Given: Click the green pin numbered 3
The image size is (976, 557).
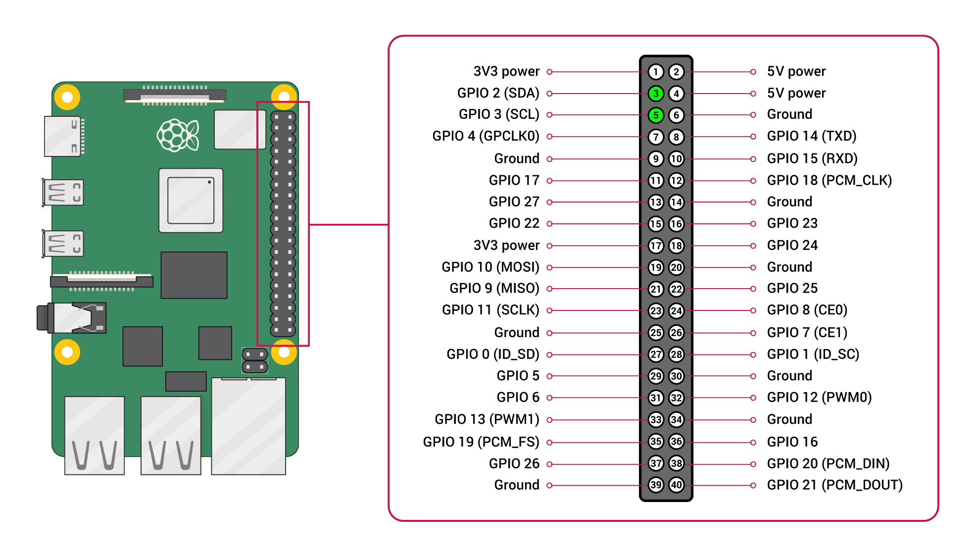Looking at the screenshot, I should (x=656, y=93).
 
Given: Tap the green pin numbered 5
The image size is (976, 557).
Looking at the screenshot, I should (x=656, y=115).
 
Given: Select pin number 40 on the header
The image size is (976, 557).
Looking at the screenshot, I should (x=676, y=485).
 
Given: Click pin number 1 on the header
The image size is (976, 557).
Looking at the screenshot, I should (x=656, y=72).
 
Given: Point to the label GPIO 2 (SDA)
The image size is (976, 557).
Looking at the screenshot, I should (x=498, y=93).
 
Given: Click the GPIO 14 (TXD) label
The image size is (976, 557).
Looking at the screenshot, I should (x=811, y=136).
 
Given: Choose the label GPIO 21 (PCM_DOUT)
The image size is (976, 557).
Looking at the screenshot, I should (x=834, y=485).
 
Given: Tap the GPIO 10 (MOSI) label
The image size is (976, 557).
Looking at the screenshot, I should (x=490, y=267).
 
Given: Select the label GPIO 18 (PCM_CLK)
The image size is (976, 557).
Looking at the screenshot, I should (x=829, y=180).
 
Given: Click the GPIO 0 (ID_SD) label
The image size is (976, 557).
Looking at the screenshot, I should (x=492, y=354).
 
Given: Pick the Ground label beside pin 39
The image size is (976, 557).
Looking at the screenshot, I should (x=517, y=485).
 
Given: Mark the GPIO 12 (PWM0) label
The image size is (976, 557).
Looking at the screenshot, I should (x=819, y=398).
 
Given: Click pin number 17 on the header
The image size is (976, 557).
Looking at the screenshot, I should (x=656, y=246).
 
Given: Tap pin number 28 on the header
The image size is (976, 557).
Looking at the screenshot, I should (x=676, y=354).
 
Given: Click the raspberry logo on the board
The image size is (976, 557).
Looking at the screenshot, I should (x=178, y=135).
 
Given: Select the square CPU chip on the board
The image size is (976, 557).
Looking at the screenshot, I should (x=191, y=201).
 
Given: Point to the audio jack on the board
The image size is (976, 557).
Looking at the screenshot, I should (x=72, y=318).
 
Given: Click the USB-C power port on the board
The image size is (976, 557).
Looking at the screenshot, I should (x=63, y=136).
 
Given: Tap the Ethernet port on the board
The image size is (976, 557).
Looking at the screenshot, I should (x=248, y=426).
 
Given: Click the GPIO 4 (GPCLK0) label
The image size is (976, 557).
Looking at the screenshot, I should (x=486, y=136).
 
